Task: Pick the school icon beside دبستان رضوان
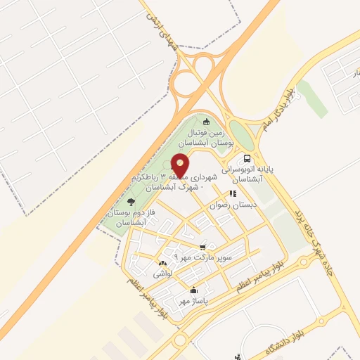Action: tap(232, 193)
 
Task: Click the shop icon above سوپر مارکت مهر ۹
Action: tap(203, 246)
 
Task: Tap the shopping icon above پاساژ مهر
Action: tap(193, 290)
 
